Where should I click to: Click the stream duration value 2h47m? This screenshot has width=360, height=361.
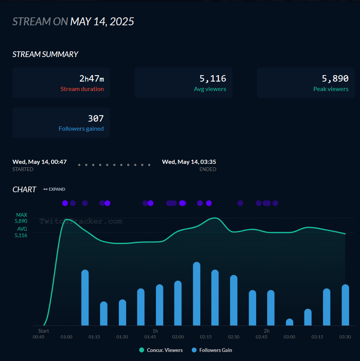coord(91,79)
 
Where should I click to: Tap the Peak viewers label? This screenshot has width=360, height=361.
coord(331,89)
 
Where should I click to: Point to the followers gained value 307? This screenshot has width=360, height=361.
coord(95,119)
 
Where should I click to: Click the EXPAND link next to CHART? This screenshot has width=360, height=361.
coord(54,189)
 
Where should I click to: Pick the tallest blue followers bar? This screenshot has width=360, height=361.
coord(196,293)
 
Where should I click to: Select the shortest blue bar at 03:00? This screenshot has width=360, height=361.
coord(289,322)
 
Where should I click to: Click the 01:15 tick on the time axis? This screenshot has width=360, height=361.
coord(94,337)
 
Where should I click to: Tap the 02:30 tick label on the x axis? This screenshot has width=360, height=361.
coord(233,337)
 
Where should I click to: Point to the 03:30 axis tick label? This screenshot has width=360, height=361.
coord(345,337)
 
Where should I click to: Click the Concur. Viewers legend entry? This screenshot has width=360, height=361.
coord(161,350)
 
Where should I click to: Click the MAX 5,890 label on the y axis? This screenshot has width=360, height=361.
coord(21,218)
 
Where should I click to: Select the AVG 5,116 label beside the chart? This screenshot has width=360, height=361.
coord(21,232)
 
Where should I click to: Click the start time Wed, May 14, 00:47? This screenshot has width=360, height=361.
coord(40,162)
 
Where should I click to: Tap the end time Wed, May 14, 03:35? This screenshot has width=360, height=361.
coord(189,162)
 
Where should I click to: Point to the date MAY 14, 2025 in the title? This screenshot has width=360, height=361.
coord(102,22)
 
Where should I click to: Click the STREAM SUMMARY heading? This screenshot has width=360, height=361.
coord(45,54)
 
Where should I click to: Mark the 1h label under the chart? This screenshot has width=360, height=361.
coord(155,331)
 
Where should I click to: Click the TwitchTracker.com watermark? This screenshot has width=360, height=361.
coord(81,221)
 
